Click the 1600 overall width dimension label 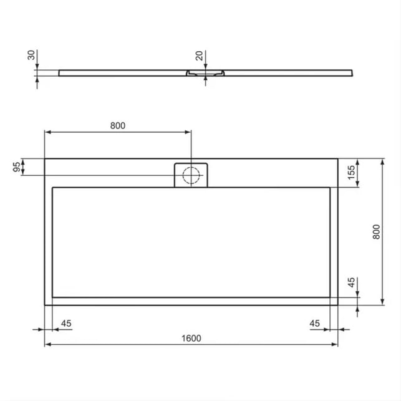pyautogui.click(x=191, y=339)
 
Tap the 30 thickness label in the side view pyautogui.click(x=31, y=55)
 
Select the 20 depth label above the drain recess pyautogui.click(x=199, y=56)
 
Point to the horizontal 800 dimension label pyautogui.click(x=118, y=125)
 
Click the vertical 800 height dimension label pyautogui.click(x=377, y=232)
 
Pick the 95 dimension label pyautogui.click(x=17, y=167)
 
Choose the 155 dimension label pyautogui.click(x=352, y=172)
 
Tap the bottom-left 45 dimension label pyautogui.click(x=66, y=324)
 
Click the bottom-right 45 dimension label pyautogui.click(x=314, y=324)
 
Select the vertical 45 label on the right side pyautogui.click(x=351, y=283)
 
